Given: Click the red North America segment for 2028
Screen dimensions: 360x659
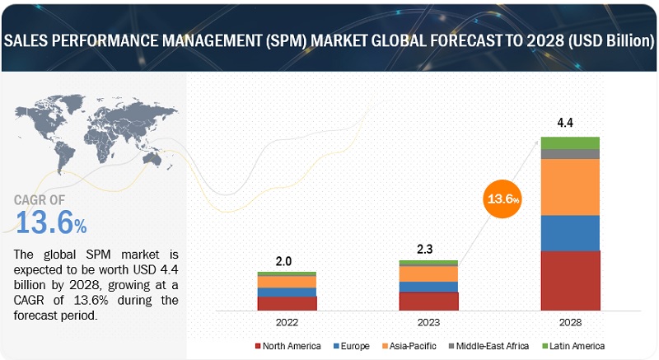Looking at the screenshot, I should tap(570, 280).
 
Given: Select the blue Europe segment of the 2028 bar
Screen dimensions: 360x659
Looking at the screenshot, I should tap(570, 233).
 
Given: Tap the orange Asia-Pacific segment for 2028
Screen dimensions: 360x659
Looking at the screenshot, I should tap(570, 187).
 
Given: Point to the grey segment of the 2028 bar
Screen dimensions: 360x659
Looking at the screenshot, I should tap(570, 154).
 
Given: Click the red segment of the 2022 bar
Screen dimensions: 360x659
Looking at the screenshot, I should tap(287, 303).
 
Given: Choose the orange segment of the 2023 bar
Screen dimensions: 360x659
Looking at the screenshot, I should tap(428, 274).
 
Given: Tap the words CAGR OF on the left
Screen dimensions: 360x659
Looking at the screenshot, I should tap(40, 200).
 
